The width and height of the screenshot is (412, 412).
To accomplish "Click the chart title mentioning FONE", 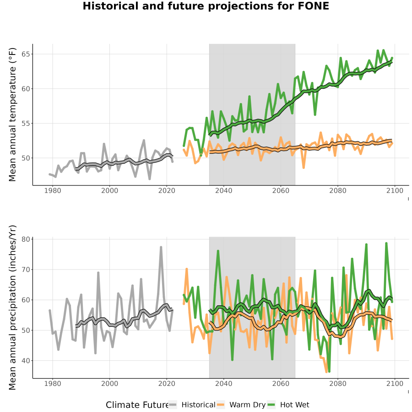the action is [x=206, y=6].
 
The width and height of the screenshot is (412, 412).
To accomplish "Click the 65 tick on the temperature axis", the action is [x=26, y=54].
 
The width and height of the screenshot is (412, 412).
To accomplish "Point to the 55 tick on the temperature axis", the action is [x=26, y=124].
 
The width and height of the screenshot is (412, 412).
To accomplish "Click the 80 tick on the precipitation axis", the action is [x=26, y=239].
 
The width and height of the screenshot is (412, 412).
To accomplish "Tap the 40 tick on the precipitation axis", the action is [x=26, y=361].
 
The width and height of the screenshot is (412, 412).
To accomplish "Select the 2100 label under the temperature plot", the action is [x=395, y=190].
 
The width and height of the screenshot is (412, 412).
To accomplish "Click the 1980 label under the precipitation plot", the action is [x=53, y=384].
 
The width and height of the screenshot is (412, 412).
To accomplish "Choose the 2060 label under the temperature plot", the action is [x=281, y=190].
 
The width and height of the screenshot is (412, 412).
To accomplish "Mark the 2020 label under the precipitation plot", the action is [x=167, y=384].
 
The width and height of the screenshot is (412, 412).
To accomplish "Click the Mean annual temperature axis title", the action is [x=12, y=114].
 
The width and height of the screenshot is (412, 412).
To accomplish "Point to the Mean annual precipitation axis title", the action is [x=12, y=308].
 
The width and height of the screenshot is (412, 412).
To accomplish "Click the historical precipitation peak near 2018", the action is [x=161, y=247].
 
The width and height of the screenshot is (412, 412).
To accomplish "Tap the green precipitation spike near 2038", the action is [x=218, y=251].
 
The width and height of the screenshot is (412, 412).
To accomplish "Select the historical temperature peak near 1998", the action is [x=104, y=144].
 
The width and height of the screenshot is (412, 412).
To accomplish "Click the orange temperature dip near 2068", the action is [x=304, y=168].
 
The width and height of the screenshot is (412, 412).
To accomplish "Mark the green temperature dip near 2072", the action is [x=315, y=114].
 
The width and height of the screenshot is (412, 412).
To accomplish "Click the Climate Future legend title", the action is [x=137, y=405].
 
